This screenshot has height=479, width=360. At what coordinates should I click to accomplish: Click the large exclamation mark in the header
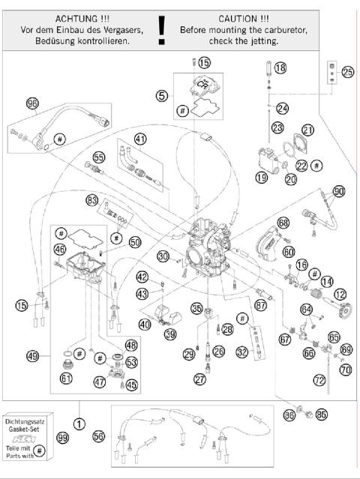click(x=161, y=29)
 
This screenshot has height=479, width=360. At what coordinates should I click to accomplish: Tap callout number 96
click(x=32, y=103)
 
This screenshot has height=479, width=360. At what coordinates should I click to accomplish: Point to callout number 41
click(x=140, y=138)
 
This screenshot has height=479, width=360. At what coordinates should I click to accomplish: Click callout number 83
click(x=92, y=200)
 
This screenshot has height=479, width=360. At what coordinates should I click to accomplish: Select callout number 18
click(x=280, y=68)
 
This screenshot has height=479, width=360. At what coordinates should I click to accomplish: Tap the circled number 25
click(x=347, y=72)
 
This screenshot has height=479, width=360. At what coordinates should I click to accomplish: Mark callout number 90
click(x=338, y=191)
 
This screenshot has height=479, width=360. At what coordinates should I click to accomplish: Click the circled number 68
click(x=283, y=223)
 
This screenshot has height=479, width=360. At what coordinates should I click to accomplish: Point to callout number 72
click(x=319, y=381)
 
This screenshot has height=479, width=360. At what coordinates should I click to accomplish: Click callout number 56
click(x=97, y=436)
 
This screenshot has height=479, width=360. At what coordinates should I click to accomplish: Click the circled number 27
click(x=199, y=379)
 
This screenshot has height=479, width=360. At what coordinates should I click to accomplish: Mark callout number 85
click(x=322, y=413)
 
